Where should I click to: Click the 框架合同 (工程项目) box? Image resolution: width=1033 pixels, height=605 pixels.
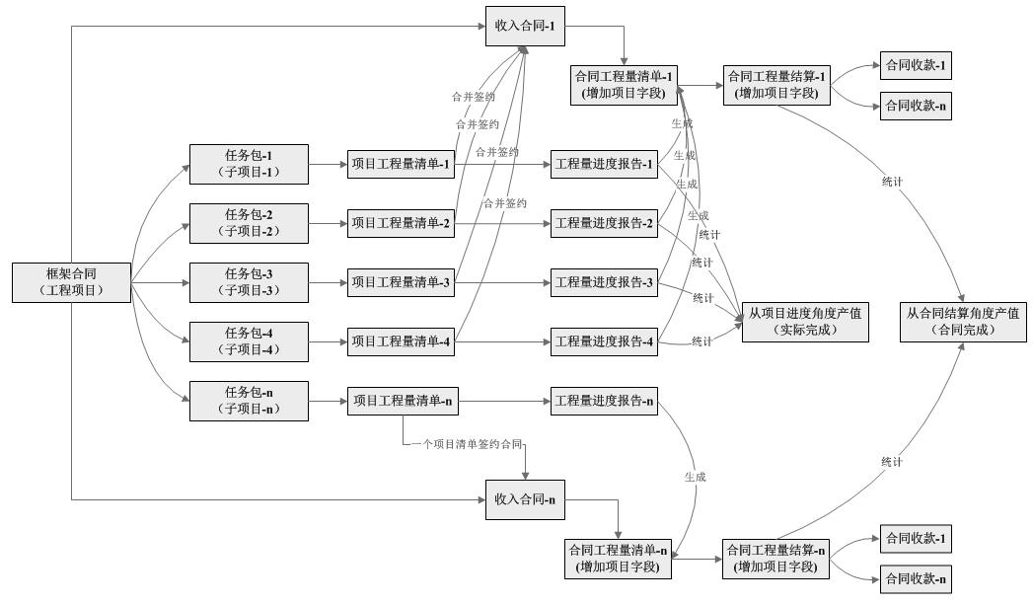tap(72, 282)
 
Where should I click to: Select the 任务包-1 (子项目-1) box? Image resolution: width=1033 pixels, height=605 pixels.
tap(249, 164)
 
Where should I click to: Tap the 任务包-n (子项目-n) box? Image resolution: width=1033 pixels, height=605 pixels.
tap(249, 401)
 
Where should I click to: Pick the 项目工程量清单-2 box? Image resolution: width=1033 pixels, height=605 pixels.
tap(401, 224)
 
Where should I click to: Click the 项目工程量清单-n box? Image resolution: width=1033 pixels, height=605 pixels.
tap(401, 402)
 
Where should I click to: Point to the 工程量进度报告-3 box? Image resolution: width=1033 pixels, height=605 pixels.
tap(604, 283)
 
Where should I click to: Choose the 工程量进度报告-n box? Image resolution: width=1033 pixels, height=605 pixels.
tap(604, 402)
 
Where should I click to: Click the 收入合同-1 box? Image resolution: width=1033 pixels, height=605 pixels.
tap(525, 27)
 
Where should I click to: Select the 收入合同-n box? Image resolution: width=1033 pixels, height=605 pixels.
tap(525, 499)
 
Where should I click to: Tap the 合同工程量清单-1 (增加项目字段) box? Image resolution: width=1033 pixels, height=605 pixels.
tap(624, 85)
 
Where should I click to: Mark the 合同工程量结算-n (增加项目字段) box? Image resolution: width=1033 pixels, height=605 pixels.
tap(775, 559)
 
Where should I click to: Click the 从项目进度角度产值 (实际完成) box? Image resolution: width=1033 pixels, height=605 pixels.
tap(805, 322)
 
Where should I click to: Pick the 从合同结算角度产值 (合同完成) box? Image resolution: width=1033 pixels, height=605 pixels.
tap(963, 322)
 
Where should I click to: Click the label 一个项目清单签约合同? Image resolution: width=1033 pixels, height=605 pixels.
tap(466, 445)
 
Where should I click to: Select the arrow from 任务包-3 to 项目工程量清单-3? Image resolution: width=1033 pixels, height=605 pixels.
tap(328, 283)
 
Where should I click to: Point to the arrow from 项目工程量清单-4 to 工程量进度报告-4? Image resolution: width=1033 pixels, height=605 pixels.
tap(503, 342)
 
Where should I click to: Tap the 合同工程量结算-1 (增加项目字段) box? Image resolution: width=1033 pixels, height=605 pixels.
tap(775, 85)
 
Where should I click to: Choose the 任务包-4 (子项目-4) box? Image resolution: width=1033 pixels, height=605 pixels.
tap(249, 341)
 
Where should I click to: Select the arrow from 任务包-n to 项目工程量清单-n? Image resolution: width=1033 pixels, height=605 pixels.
tap(328, 402)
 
